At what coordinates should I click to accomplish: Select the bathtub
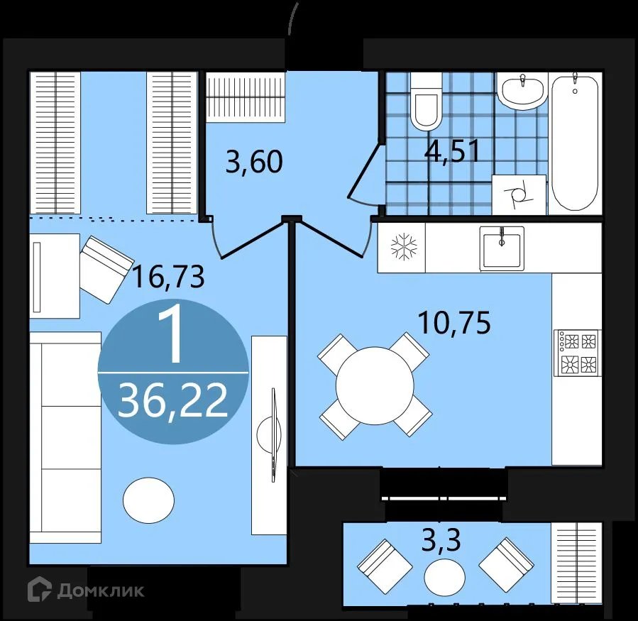coord(575,142)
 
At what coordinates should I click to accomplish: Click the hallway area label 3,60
coord(254,163)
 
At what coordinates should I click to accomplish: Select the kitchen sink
coord(502,248)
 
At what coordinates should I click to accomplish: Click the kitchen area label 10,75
coord(454,324)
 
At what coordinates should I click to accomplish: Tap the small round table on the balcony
coord(444,578)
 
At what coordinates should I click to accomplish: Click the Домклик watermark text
coord(99,590)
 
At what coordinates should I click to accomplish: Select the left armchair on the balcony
coord(384,567)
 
